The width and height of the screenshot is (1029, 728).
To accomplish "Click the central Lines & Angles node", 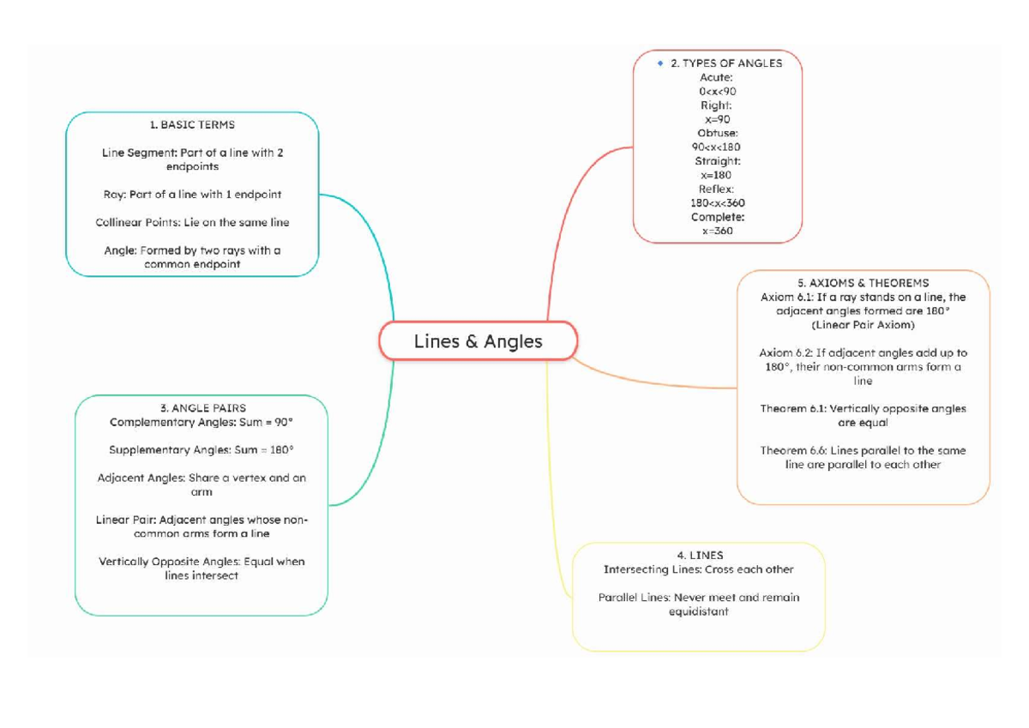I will (478, 341).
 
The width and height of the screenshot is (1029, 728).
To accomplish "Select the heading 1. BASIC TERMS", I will (192, 124).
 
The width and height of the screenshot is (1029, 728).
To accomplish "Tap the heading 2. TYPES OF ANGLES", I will (725, 63).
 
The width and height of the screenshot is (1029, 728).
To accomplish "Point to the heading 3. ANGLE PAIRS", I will (202, 408).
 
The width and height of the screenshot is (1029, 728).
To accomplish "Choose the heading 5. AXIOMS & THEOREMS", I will (863, 283).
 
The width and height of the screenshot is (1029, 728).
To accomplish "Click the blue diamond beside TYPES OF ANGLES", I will (659, 63).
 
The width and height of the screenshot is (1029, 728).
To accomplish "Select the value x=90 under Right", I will (717, 119).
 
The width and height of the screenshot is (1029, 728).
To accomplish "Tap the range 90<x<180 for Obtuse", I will (717, 147).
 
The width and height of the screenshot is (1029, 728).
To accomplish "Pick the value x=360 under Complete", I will (717, 231).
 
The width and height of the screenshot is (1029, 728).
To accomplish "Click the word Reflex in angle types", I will (716, 189).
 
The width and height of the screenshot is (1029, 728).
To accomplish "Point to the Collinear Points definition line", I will (192, 222).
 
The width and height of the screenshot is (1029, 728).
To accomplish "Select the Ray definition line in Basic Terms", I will (192, 195).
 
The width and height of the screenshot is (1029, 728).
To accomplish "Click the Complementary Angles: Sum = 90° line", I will (202, 422).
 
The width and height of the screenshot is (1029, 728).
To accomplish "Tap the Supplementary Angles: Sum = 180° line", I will (202, 450).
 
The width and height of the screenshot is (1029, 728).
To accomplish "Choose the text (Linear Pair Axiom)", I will (863, 325).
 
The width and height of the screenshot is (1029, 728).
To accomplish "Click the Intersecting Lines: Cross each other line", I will (698, 569).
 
